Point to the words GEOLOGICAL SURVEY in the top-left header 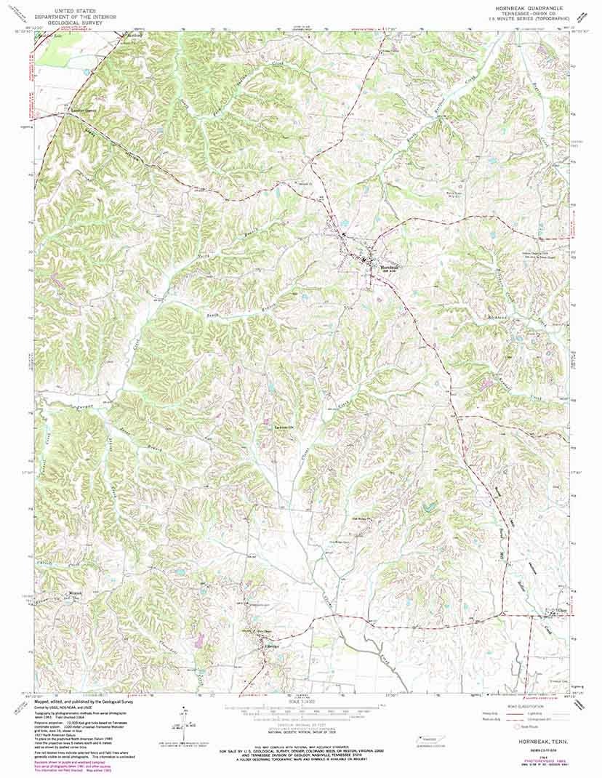click(x=69, y=23)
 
